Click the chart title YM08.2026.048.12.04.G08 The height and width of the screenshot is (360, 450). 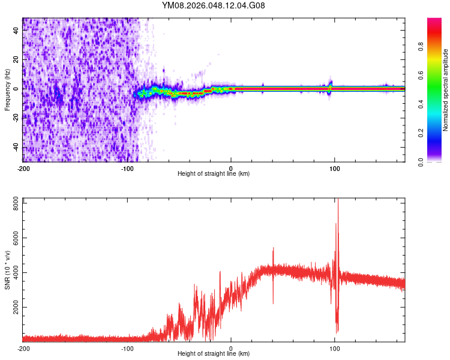click(214, 6)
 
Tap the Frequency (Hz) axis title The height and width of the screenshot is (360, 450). click(7, 90)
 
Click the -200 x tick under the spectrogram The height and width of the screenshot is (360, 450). click(23, 168)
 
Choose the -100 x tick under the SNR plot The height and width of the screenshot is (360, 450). click(127, 348)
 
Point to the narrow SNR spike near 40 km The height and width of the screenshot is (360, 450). click(273, 249)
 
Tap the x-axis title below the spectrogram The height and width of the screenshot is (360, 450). click(214, 174)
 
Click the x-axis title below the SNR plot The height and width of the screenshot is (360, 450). click(214, 354)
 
